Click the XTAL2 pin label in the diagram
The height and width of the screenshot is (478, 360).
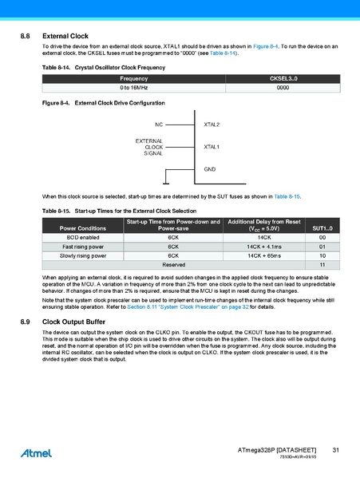tap(212, 125)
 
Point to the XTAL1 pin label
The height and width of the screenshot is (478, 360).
tap(212, 147)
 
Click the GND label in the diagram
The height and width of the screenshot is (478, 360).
tap(210, 169)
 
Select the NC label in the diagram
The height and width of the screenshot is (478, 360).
tap(159, 125)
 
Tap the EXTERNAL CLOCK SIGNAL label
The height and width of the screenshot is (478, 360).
tap(149, 147)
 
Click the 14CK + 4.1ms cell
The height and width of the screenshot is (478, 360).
tap(264, 247)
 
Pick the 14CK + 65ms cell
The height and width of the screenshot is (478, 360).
tap(264, 255)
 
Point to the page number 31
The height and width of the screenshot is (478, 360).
tap(336, 452)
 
